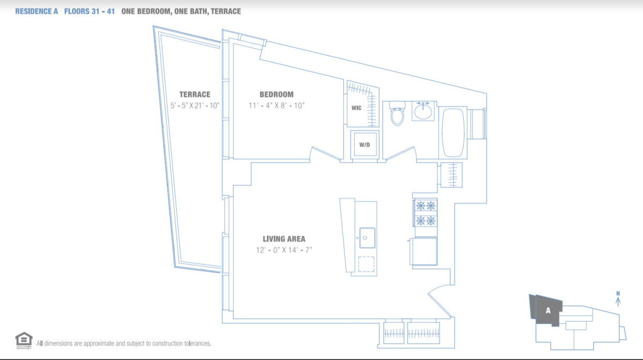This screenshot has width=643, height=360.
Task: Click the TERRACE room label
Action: click(x=195, y=94)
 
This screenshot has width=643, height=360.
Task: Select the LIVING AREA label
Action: click(x=283, y=239)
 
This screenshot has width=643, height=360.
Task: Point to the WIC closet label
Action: click(x=356, y=108)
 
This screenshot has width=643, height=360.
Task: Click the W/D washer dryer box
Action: click(x=365, y=145)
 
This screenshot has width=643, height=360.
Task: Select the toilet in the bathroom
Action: click(x=397, y=113)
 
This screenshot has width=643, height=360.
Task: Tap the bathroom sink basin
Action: click(x=423, y=111)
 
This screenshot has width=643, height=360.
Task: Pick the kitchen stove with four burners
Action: click(x=425, y=213)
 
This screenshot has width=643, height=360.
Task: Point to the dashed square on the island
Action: click(x=367, y=264)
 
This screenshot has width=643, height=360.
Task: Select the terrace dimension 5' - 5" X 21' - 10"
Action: click(x=195, y=106)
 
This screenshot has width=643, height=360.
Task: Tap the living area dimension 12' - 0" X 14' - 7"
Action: click(x=283, y=250)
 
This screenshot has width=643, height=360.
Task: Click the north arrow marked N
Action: click(x=618, y=298)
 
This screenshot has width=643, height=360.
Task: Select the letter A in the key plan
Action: click(x=548, y=310)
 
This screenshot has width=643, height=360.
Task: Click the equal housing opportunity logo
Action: click(x=23, y=339)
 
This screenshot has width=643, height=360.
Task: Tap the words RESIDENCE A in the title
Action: click(x=36, y=11)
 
